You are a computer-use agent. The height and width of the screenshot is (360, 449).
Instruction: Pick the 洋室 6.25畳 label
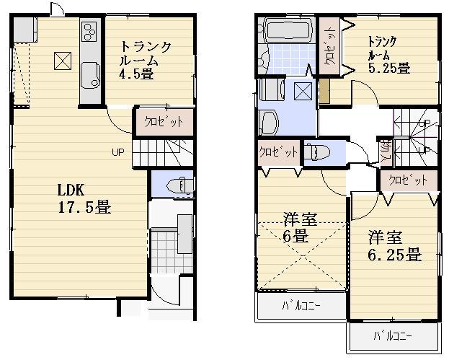click(394, 246)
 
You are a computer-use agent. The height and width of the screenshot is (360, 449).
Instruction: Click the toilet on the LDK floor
click(176, 185)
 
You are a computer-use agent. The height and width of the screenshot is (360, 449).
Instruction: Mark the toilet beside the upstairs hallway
click(316, 152)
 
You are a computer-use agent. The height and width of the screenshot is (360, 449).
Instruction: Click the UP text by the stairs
click(117, 152)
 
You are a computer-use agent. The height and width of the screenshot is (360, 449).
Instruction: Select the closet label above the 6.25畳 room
click(408, 180)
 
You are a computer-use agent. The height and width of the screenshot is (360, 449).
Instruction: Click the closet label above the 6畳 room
click(279, 153)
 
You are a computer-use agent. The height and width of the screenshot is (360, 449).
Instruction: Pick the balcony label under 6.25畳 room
click(393, 336)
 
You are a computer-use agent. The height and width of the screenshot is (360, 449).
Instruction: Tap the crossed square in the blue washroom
click(303, 92)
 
